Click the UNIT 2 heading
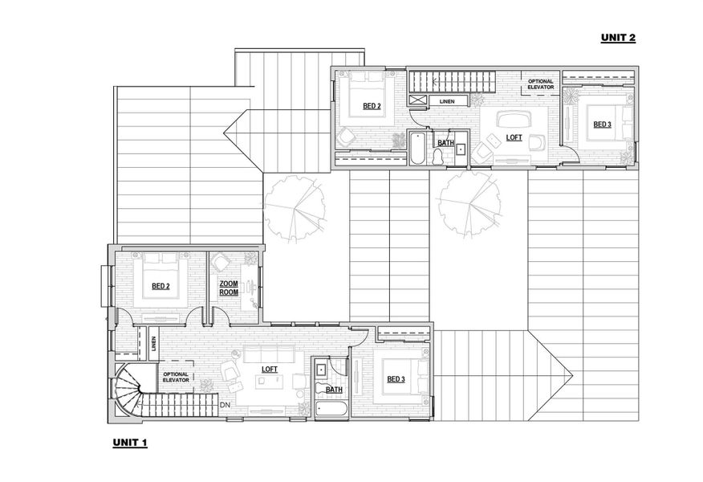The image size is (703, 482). (618, 38)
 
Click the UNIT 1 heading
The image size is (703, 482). (130, 443)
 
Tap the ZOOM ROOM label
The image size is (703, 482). (229, 288)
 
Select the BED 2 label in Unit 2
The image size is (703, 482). (372, 106)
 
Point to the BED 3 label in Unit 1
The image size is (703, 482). (396, 379)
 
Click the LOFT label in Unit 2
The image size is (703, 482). (514, 137)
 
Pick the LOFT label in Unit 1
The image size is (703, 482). (270, 369)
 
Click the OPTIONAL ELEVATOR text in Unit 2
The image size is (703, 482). (541, 84)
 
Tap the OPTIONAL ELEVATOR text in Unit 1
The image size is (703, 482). (176, 377)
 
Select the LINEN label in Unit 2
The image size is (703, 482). (447, 101)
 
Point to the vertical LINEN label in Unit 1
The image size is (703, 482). (153, 344)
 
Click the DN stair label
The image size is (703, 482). (225, 405)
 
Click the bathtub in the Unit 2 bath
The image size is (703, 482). (417, 149)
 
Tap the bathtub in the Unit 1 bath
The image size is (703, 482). (331, 410)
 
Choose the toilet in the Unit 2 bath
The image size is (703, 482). (438, 156)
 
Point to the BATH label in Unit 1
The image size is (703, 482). (334, 390)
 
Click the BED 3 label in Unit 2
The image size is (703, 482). (602, 125)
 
